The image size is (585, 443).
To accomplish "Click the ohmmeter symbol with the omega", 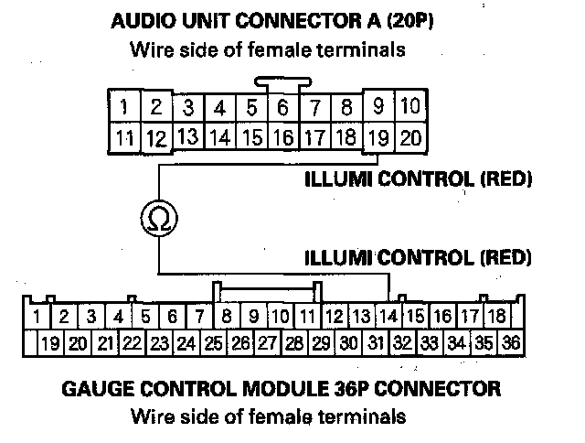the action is click(159, 218).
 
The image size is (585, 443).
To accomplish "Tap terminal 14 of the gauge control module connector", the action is click(388, 317).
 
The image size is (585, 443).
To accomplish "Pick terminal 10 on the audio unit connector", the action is click(410, 106).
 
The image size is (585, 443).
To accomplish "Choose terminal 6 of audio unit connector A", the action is click(283, 108).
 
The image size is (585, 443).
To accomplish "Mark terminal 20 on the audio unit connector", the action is click(410, 138).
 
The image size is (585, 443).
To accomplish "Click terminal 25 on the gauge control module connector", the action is click(214, 345).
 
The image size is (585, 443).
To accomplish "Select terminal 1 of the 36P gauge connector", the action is click(37, 318).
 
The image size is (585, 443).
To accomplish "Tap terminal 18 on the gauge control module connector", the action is click(498, 317).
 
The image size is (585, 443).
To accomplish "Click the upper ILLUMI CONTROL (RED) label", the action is click(418, 178).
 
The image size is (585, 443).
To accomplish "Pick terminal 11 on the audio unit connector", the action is click(123, 139).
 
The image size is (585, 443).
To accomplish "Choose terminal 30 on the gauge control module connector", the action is click(348, 345).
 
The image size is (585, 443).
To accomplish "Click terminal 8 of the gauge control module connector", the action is click(227, 318).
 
